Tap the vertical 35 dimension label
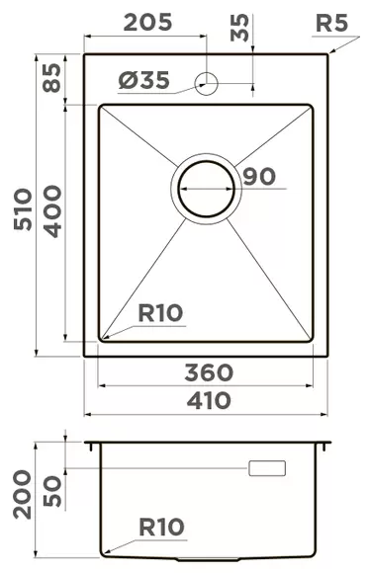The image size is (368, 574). [x=239, y=28]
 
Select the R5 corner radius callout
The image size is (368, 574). [x=334, y=23]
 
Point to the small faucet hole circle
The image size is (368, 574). [x=207, y=83]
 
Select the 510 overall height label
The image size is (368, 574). [x=23, y=208]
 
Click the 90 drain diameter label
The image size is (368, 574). [x=257, y=177]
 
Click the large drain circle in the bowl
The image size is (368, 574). [x=206, y=188]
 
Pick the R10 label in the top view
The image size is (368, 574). [x=159, y=313]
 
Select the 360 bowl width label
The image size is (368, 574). [x=209, y=372]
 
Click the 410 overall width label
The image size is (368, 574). [x=209, y=400]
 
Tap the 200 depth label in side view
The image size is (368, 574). [x=23, y=495]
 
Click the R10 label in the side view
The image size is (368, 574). [x=160, y=527]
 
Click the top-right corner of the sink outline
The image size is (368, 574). [x=327, y=53]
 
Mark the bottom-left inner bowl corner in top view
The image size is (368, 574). [x=102, y=339]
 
